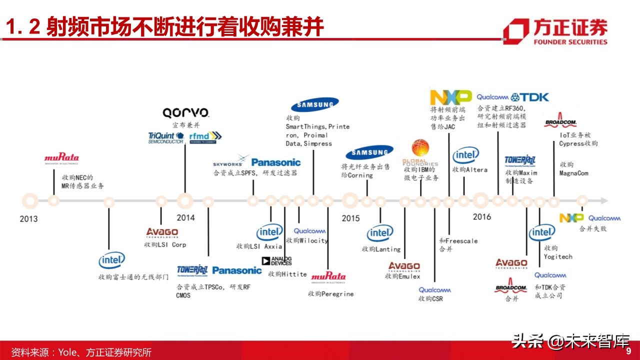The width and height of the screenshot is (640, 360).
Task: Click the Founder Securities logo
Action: [555, 31]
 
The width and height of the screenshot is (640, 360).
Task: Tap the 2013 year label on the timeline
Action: [28, 218]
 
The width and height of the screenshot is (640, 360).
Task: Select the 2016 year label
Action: [481, 216]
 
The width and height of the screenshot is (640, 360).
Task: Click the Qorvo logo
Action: [185, 112]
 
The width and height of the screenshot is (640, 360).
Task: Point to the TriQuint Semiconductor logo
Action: [166, 137]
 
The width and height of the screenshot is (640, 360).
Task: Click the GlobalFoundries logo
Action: [420, 153]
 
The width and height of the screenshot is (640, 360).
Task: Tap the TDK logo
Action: [530, 97]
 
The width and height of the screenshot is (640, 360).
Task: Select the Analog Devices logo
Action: [276, 260]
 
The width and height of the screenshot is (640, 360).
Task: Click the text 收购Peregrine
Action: [330, 294]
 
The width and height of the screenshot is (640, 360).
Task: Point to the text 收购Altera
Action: [469, 169]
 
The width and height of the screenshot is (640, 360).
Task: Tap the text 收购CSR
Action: [430, 299]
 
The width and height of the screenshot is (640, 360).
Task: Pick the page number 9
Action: [628, 350]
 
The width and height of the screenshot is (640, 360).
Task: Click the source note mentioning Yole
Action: [81, 352]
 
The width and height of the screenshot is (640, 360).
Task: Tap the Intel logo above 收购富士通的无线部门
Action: [111, 260]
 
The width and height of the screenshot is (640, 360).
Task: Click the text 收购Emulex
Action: [402, 276]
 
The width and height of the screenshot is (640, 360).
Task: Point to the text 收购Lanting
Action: [381, 249]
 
